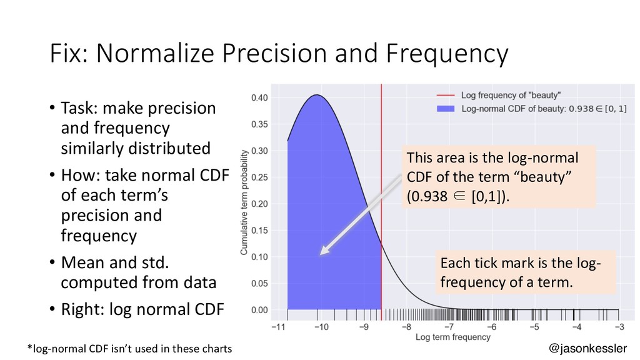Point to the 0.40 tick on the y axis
coord(261,97)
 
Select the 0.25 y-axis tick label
coord(261,177)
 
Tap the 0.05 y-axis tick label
coord(261,283)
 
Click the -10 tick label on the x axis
coord(321,326)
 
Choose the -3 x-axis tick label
coord(619,326)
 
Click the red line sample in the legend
coord(445,96)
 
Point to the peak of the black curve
coord(317,95)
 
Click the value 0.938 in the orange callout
coord(427,197)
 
